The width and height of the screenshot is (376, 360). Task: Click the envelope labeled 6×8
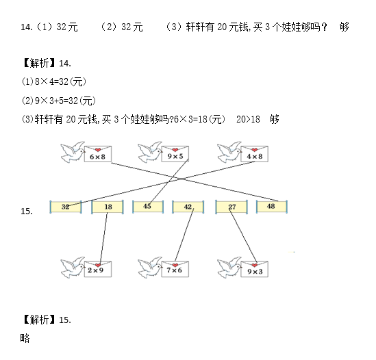98,153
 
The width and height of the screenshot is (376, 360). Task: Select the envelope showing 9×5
175,153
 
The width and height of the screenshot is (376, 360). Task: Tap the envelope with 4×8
254,153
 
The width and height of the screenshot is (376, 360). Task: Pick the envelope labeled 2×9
98,269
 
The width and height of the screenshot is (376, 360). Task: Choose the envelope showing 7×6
175,269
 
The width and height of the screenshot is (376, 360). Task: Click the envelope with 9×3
254,269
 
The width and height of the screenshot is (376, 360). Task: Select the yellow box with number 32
66,207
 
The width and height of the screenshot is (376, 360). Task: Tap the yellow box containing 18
108,207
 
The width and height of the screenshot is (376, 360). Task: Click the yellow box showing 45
148,207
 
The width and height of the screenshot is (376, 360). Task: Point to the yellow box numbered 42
188,207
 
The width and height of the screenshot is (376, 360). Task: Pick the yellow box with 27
231,207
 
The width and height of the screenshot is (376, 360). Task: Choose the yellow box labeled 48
272,207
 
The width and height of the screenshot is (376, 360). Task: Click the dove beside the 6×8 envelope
73,152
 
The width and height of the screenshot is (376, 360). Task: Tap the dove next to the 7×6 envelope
150,268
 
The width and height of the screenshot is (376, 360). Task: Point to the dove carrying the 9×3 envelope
229,268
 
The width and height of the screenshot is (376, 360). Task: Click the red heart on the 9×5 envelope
175,150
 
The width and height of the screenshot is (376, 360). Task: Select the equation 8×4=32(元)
60,81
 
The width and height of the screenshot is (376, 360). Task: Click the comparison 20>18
248,119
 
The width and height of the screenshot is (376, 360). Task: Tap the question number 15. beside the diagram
27,211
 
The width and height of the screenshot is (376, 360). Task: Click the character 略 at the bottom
25,338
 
